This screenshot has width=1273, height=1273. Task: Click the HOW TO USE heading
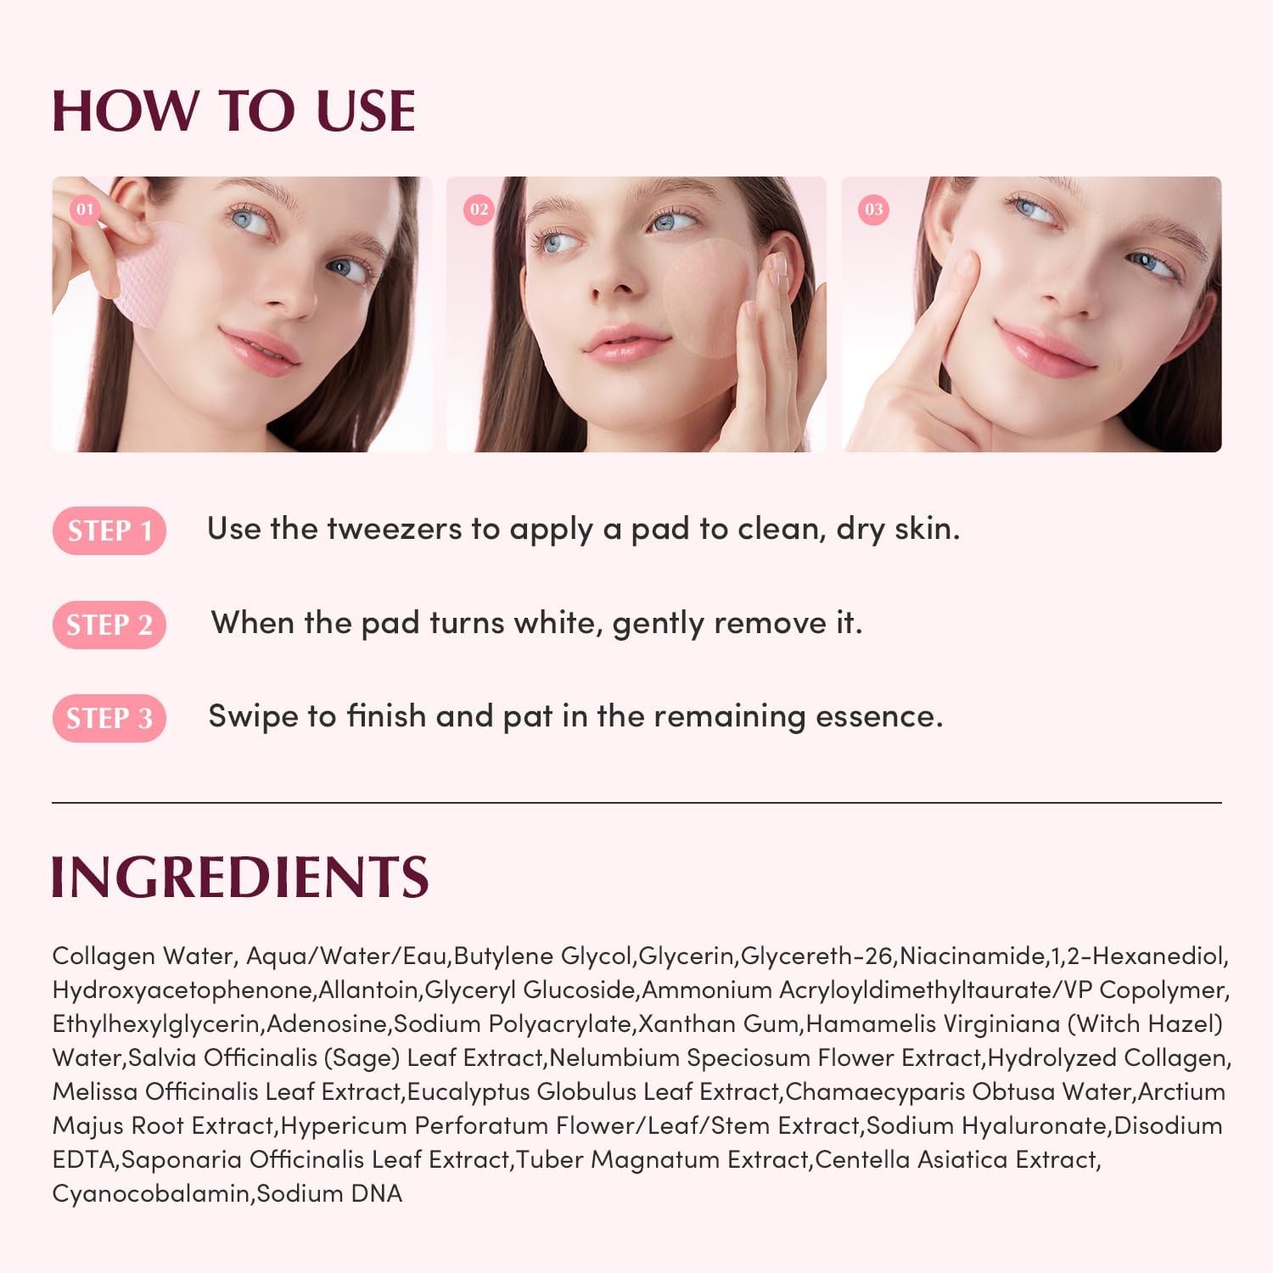click(x=233, y=111)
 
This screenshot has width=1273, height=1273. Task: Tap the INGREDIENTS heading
click(x=240, y=877)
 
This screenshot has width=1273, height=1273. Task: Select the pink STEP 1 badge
click(x=109, y=531)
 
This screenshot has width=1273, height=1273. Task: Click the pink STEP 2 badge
click(x=109, y=625)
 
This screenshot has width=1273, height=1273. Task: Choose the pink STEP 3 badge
click(x=109, y=719)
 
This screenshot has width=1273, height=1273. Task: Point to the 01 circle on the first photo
click(x=85, y=209)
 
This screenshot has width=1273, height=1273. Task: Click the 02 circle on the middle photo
click(x=479, y=209)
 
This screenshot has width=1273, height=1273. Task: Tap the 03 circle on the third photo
click(x=874, y=209)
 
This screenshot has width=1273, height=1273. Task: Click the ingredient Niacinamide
click(x=973, y=956)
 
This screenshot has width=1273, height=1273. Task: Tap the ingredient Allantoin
click(x=369, y=990)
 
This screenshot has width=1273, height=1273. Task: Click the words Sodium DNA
click(x=329, y=1194)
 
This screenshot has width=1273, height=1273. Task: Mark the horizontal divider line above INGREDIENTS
click(x=636, y=802)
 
